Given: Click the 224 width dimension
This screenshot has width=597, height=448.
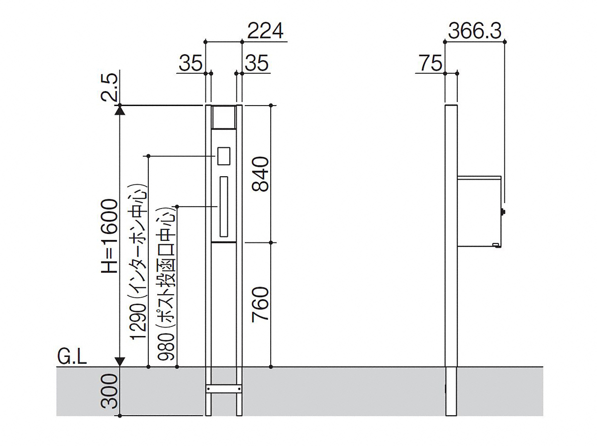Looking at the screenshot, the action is (265, 31).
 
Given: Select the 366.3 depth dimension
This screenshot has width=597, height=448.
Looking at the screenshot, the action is (475, 31).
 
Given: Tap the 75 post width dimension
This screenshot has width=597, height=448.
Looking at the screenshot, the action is (430, 63).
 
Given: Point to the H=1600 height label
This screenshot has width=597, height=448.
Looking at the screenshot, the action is (109, 236).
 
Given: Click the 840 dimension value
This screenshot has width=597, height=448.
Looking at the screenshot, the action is (260, 174).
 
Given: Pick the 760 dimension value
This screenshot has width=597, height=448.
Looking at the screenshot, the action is (260, 304).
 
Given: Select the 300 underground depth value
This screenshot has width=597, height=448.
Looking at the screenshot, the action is (109, 391).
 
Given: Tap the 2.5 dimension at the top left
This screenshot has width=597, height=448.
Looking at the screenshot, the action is (109, 88).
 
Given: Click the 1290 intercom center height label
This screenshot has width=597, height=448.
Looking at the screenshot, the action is (139, 262).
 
